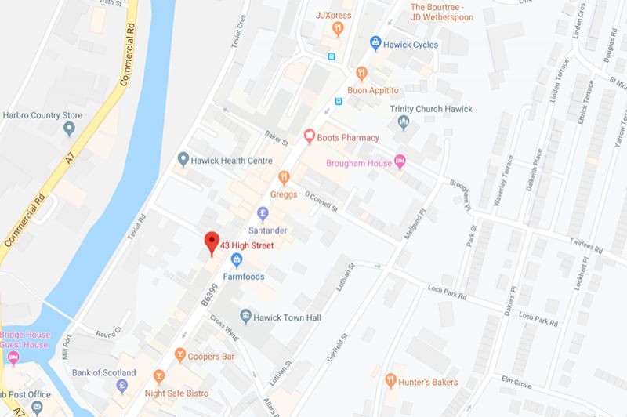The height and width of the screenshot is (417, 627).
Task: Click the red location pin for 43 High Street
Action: [x=210, y=242]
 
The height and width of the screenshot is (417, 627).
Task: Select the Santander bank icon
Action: [x=264, y=212]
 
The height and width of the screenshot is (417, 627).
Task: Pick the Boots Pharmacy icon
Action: [x=310, y=137]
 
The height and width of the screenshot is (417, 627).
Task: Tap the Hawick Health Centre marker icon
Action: [x=183, y=159]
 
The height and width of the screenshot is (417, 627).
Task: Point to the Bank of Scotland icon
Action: [x=122, y=386]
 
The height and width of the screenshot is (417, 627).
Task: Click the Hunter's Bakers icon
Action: [x=392, y=381]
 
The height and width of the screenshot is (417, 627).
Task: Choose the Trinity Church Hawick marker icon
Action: [x=404, y=121]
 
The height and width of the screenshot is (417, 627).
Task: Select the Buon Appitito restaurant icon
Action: [x=361, y=72]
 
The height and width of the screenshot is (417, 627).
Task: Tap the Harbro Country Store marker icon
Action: [x=69, y=126]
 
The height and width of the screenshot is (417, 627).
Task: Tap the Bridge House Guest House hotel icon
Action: [x=13, y=358]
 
